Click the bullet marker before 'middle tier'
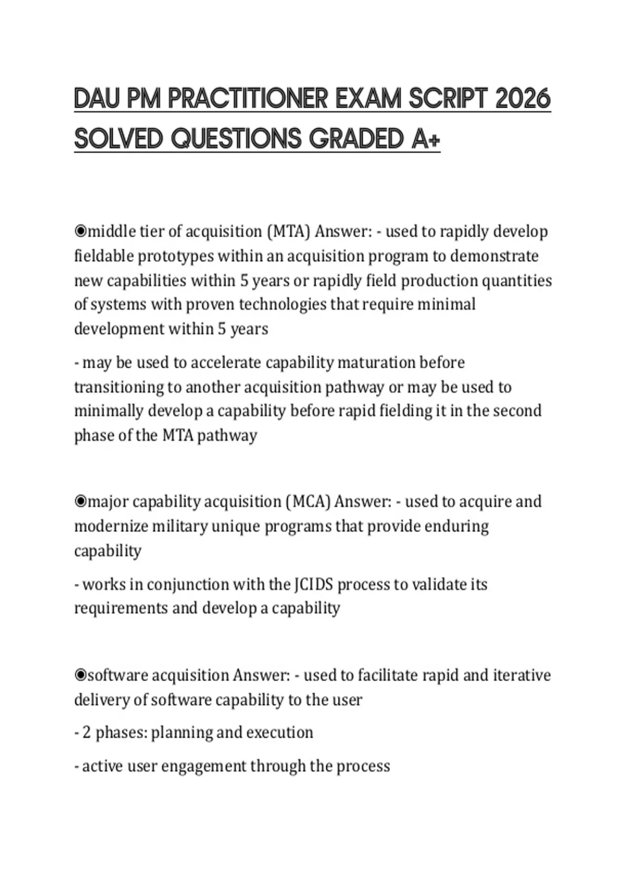click(80, 230)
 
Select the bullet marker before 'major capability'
click(80, 501)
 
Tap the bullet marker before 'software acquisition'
click(80, 675)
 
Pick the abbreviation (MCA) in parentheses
click(308, 502)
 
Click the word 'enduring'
click(456, 526)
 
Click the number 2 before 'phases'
click(86, 732)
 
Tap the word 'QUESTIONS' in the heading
click(236, 139)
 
